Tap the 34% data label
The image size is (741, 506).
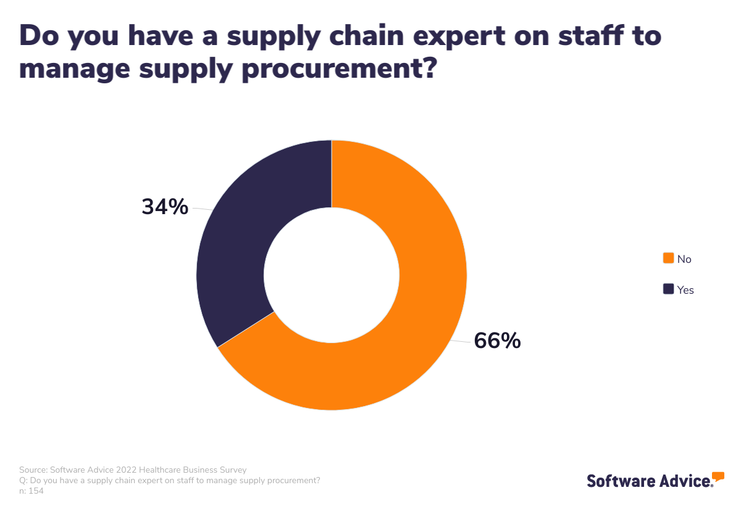click(x=165, y=207)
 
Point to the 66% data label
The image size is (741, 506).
click(x=497, y=341)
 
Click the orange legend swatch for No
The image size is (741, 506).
click(x=668, y=258)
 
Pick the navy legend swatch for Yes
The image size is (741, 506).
click(x=668, y=289)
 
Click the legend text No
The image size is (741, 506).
click(x=684, y=259)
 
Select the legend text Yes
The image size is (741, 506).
click(x=685, y=289)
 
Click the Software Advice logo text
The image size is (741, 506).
click(x=648, y=481)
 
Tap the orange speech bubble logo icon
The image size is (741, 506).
click(x=718, y=476)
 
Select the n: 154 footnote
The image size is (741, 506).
click(x=31, y=491)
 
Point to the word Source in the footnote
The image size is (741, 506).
click(x=32, y=470)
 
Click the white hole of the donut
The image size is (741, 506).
click(x=332, y=275)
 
